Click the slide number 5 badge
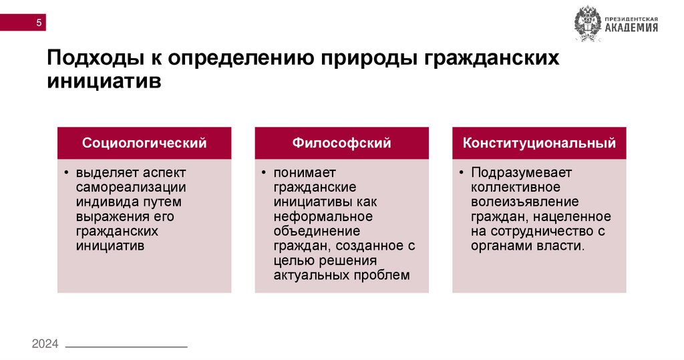click(39, 23)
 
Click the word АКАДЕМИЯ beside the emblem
click(631, 28)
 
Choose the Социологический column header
click(144, 143)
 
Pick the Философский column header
click(341, 143)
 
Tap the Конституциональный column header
click(539, 143)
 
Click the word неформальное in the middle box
click(323, 216)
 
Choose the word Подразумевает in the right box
click(512, 172)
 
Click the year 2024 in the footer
click(45, 344)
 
